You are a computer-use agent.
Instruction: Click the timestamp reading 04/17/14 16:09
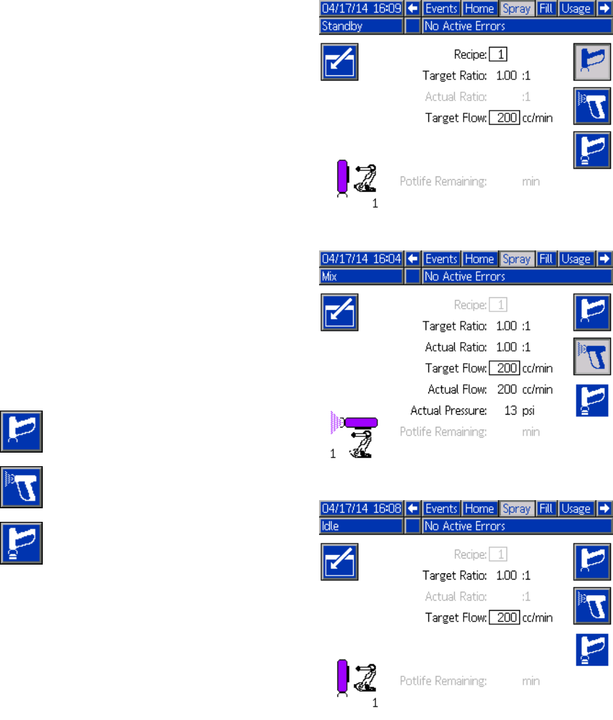point(361,10)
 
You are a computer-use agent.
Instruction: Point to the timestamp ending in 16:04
point(361,259)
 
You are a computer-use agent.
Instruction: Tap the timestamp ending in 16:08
point(361,509)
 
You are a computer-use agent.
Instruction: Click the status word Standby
point(342,26)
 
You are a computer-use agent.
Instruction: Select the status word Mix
point(330,277)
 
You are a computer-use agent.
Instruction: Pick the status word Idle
point(329,526)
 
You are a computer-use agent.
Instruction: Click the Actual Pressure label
point(448,411)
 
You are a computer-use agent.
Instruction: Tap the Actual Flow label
point(457,390)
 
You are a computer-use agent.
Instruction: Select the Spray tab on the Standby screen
point(517,10)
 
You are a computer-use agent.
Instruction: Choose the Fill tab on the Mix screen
point(546,259)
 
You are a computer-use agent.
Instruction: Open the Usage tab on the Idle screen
point(576,509)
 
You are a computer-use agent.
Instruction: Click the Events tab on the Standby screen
point(441,10)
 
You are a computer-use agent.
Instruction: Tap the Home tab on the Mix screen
point(479,259)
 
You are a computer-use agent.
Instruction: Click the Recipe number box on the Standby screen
point(498,54)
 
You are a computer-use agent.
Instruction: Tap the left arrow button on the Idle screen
point(411,509)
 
